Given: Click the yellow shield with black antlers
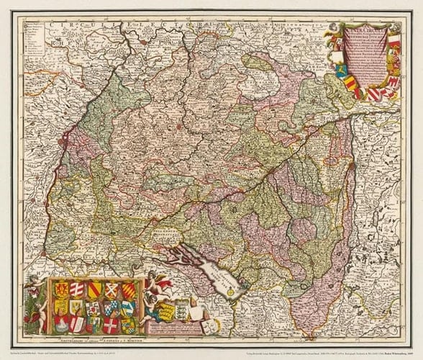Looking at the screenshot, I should pyautogui.click(x=76, y=307).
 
